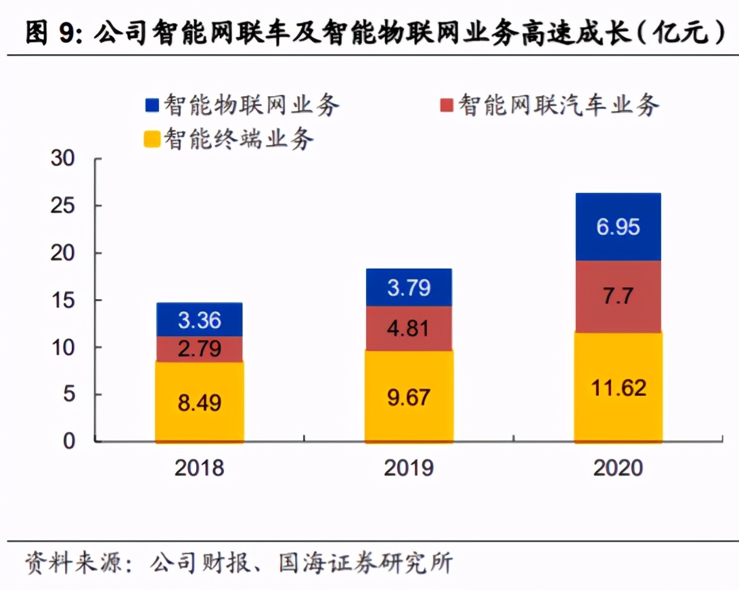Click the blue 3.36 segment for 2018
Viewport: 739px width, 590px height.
[199, 319]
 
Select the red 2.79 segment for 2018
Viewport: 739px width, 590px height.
[199, 349]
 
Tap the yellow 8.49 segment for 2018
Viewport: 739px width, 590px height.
[199, 402]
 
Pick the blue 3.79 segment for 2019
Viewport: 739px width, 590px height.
[409, 288]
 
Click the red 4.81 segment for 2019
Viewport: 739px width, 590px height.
[409, 328]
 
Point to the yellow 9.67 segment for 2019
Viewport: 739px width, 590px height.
[409, 396]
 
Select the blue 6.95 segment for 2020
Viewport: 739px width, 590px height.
[618, 227]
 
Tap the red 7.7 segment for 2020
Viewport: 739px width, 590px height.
[618, 296]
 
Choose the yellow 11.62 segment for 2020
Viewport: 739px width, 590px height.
[618, 388]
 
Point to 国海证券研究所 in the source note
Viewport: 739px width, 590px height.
[366, 563]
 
